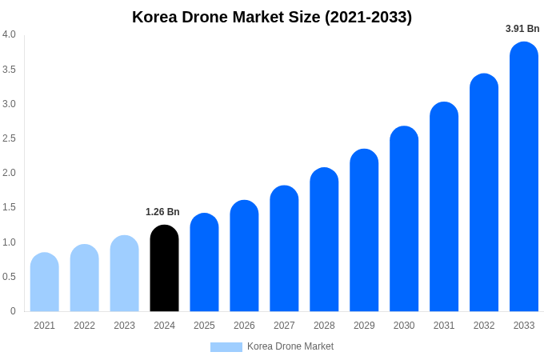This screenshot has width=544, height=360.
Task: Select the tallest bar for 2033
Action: point(524,177)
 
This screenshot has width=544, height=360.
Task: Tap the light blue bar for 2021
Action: point(45,282)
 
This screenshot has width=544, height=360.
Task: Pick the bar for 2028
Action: point(324,239)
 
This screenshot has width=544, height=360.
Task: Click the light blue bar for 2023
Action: point(124,274)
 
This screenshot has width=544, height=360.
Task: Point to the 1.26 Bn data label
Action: point(162,212)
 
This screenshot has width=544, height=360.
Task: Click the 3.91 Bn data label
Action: point(522,29)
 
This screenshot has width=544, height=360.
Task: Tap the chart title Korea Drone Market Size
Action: point(272,17)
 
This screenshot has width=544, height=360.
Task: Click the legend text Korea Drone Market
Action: point(290,346)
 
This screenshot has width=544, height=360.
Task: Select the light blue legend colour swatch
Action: point(226,347)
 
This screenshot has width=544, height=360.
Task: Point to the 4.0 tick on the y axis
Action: point(9,34)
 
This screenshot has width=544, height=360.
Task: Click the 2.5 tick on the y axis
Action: point(9,138)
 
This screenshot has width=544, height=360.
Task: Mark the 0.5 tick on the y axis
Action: point(9,277)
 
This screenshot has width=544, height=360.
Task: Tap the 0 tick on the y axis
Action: point(13,311)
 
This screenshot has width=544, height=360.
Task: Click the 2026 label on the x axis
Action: point(244,326)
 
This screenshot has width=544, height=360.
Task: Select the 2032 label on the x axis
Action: point(484,326)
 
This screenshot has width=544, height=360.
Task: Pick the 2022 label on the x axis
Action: point(84,326)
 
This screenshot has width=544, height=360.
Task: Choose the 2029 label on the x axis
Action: point(364,326)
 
